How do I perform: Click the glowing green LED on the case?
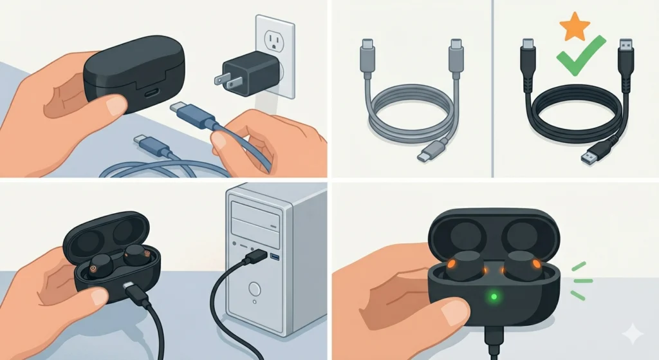[x=494, y=297]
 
